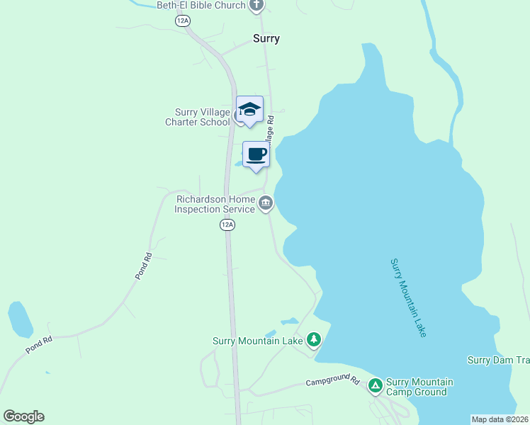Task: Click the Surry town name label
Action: click(x=266, y=39)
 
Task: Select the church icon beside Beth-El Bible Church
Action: click(x=256, y=6)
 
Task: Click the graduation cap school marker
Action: click(x=249, y=109)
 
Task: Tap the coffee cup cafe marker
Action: click(x=256, y=154)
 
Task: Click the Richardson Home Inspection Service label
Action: click(x=215, y=205)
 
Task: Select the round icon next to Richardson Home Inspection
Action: click(x=266, y=204)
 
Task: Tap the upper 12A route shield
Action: click(x=184, y=21)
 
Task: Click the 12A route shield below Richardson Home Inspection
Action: click(x=226, y=225)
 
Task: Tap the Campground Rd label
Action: click(x=333, y=382)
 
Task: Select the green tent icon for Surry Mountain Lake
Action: click(x=314, y=341)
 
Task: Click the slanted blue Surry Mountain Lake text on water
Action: click(x=408, y=297)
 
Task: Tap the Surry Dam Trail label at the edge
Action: click(x=498, y=360)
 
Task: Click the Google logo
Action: click(x=23, y=416)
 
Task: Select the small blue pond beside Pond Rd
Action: click(x=20, y=319)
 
